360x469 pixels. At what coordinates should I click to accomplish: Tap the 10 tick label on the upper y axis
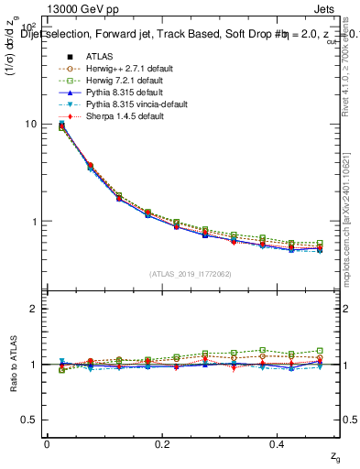pos(32,125)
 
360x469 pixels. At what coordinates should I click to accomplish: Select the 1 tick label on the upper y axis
pos(35,222)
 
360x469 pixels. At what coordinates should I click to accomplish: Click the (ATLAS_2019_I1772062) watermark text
pos(191,273)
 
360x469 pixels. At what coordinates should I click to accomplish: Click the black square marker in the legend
pos(61,55)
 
